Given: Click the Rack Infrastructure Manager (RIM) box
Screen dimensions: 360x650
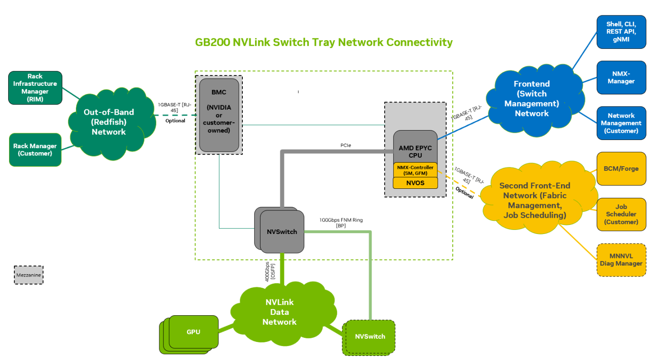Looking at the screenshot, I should tap(35, 88).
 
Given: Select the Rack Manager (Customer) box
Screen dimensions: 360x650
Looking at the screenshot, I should tap(35, 150).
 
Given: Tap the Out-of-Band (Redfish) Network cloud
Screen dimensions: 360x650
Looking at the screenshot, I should tap(109, 122).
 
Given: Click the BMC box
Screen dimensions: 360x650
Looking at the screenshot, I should tap(219, 115).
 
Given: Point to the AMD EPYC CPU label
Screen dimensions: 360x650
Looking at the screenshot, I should tap(415, 151).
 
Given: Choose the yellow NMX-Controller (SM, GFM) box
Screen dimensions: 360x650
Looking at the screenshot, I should tap(415, 170).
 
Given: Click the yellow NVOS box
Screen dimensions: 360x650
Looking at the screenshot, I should tap(415, 183).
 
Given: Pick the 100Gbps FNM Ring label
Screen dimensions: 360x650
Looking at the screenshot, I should tap(341, 222).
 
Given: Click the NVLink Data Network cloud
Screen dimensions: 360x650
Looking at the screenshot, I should tap(280, 312).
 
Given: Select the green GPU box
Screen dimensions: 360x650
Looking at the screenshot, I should tap(193, 332).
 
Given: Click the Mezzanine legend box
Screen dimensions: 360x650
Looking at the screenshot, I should tap(28, 275).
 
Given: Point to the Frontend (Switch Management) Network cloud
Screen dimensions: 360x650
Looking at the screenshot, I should tap(532, 98).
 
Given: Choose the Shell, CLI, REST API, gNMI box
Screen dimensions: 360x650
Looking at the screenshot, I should tap(621, 32).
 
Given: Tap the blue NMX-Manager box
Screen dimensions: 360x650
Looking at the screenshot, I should tap(621, 78).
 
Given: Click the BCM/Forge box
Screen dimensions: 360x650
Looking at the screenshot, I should tap(621, 169).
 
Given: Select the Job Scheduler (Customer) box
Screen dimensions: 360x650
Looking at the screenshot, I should tap(621, 215).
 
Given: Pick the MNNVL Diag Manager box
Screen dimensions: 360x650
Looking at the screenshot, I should tap(621, 260).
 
